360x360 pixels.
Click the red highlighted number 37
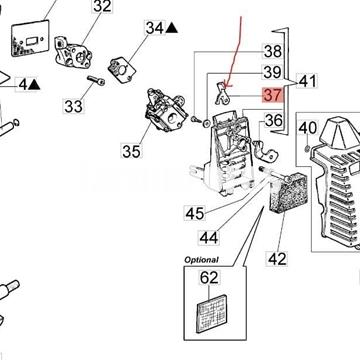pyautogui.click(x=273, y=95)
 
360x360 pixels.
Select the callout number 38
pyautogui.click(x=273, y=52)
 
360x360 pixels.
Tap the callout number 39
pyautogui.click(x=272, y=72)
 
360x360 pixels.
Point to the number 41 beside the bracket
pyautogui.click(x=307, y=81)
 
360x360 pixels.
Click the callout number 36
pyautogui.click(x=274, y=120)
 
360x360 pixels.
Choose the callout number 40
pyautogui.click(x=307, y=128)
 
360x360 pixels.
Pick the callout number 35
pyautogui.click(x=131, y=152)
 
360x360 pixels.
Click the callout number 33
pyautogui.click(x=73, y=107)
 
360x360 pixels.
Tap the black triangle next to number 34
pyautogui.click(x=172, y=28)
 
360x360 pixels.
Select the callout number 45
pyautogui.click(x=195, y=213)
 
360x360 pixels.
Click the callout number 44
pyautogui.click(x=209, y=238)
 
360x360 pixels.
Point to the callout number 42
pyautogui.click(x=277, y=259)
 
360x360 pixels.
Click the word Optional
pyautogui.click(x=202, y=260)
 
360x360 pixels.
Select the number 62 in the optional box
pyautogui.click(x=209, y=277)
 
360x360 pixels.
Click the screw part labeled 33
pyautogui.click(x=96, y=80)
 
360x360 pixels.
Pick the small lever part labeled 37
pyautogui.click(x=222, y=93)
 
